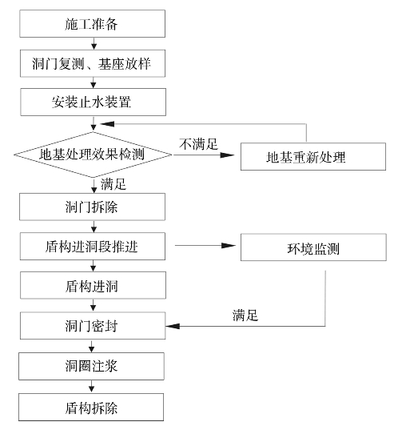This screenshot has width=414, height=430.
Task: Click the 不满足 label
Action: [x=198, y=144]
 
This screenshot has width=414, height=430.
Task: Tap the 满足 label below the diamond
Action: [x=113, y=184]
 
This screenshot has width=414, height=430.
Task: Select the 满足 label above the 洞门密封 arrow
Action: [x=245, y=315]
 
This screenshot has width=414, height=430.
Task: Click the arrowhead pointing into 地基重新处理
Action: [x=227, y=155]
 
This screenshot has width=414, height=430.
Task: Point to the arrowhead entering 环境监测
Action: [x=229, y=246]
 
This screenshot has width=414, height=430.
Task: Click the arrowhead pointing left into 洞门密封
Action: [x=173, y=326]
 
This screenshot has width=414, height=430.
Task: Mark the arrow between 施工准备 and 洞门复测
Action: [x=94, y=43]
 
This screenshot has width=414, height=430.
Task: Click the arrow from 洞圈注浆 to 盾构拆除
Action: [x=91, y=387]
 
